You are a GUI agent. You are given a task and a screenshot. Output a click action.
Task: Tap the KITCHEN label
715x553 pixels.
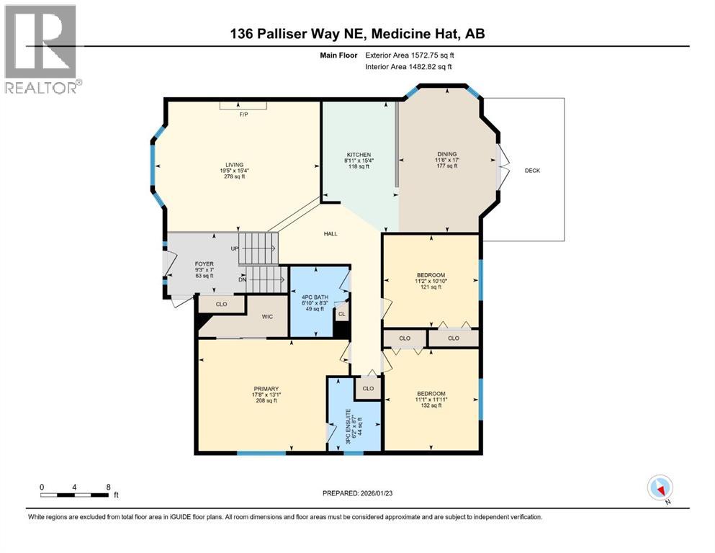pyautogui.click(x=359, y=155)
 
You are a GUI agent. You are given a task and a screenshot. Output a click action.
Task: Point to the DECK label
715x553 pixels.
pyautogui.click(x=532, y=171)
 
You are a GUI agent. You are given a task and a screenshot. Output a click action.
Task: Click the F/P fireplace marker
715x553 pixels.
pyautogui.click(x=243, y=114)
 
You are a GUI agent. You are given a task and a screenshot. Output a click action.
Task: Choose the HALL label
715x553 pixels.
pyautogui.click(x=330, y=233)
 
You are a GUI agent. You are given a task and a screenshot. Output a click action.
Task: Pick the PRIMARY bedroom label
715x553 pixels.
pyautogui.click(x=265, y=389)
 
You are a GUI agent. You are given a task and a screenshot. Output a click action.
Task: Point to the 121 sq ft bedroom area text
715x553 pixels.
pyautogui.click(x=431, y=287)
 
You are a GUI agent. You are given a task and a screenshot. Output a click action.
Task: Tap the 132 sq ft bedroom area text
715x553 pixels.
pyautogui.click(x=431, y=405)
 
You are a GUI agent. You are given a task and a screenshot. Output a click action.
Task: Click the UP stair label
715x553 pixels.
pyautogui.click(x=234, y=249)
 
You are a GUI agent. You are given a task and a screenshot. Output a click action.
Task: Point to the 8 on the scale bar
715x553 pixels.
pyautogui.click(x=108, y=487)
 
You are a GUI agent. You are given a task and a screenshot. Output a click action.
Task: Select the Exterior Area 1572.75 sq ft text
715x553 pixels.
pyautogui.click(x=408, y=55)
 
